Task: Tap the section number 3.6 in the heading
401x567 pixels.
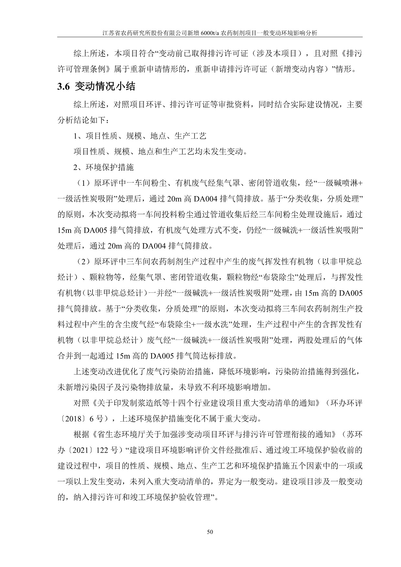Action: tap(64, 87)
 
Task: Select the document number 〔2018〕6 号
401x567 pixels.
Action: tap(85, 419)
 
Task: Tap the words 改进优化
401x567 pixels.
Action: tap(121, 372)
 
